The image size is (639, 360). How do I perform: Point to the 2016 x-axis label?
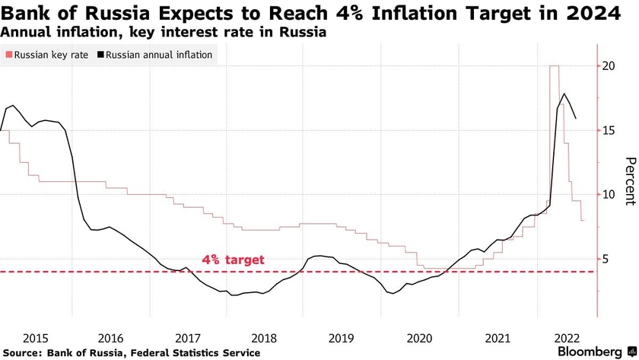[x=110, y=337]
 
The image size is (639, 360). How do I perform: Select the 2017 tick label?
[x=188, y=337]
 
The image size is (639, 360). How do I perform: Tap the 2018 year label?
[x=265, y=337]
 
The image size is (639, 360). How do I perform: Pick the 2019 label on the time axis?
[x=342, y=337]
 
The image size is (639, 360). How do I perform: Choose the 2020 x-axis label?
[x=420, y=337]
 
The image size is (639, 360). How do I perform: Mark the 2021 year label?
[x=498, y=337]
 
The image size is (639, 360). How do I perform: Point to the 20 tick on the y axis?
[x=609, y=66]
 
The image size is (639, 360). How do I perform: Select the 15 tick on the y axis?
[x=609, y=130]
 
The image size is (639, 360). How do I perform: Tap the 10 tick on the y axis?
[x=609, y=195]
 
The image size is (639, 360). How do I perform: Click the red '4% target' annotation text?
[x=233, y=260]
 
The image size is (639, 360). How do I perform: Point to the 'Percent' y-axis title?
[x=629, y=181]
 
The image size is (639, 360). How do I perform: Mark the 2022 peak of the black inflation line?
[x=564, y=94]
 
